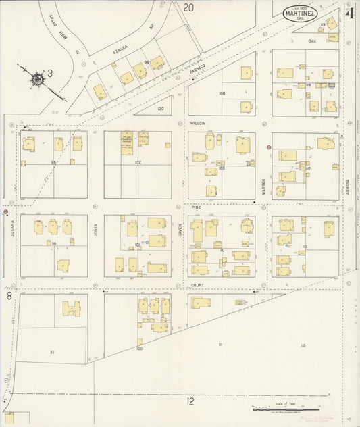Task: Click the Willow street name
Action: (x=197, y=124)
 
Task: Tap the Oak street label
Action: (x=312, y=41)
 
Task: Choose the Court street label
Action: (x=197, y=284)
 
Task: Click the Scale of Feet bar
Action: (x=284, y=409)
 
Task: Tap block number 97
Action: (x=52, y=352)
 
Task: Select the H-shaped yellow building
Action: (x=72, y=309)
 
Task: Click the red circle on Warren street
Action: (x=269, y=147)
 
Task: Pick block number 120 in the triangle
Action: (x=160, y=108)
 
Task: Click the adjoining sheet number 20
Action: (x=188, y=7)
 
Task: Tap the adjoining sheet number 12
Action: (x=191, y=401)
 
